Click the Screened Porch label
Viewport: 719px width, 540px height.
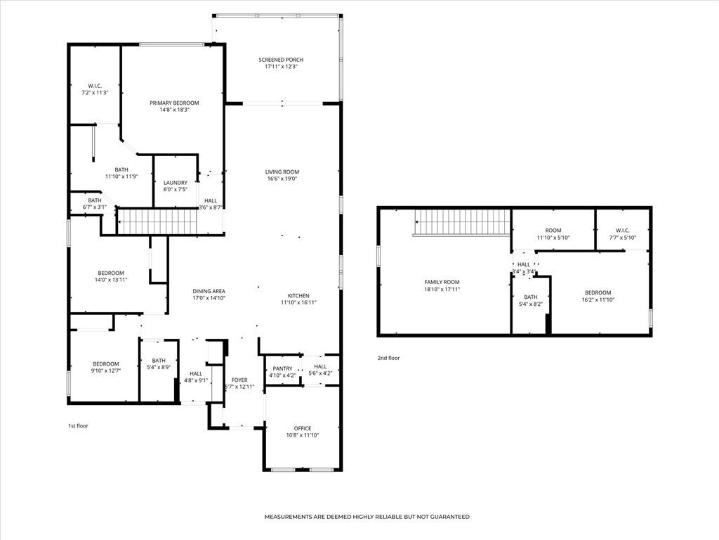(x=282, y=60)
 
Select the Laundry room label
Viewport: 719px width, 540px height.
(x=175, y=183)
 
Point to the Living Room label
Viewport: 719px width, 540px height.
(x=282, y=172)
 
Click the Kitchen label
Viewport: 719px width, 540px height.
(x=298, y=295)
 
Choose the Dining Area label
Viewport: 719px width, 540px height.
(x=209, y=291)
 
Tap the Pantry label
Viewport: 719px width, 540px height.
(x=282, y=368)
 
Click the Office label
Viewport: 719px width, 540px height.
(x=303, y=428)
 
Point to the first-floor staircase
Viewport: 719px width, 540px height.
(x=155, y=221)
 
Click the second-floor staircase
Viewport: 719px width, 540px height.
(x=461, y=222)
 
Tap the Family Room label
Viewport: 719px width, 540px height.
(x=442, y=282)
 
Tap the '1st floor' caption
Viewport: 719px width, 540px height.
(x=78, y=425)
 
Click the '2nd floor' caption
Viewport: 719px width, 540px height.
(x=388, y=358)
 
